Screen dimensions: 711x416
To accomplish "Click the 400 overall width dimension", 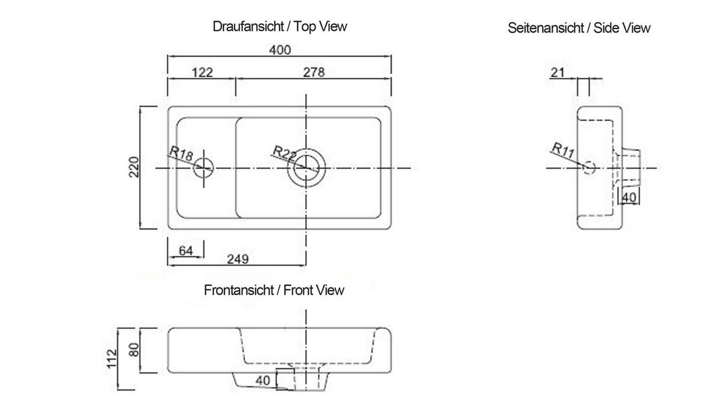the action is pos(280,50).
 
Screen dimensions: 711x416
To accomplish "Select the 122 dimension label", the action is pos(203,73).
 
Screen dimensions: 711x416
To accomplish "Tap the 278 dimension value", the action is pos(314,72).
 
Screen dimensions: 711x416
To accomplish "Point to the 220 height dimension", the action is pos(134,167).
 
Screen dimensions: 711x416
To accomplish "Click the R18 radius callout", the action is pos(181,154).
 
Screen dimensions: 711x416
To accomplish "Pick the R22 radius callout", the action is pos(284,153).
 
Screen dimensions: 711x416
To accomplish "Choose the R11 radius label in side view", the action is pos(563,150).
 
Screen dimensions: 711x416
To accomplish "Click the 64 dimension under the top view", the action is pos(185,251).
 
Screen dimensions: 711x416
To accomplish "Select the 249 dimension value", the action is pos(238,259).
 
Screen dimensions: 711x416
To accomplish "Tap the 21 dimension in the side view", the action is pos(558,73).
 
